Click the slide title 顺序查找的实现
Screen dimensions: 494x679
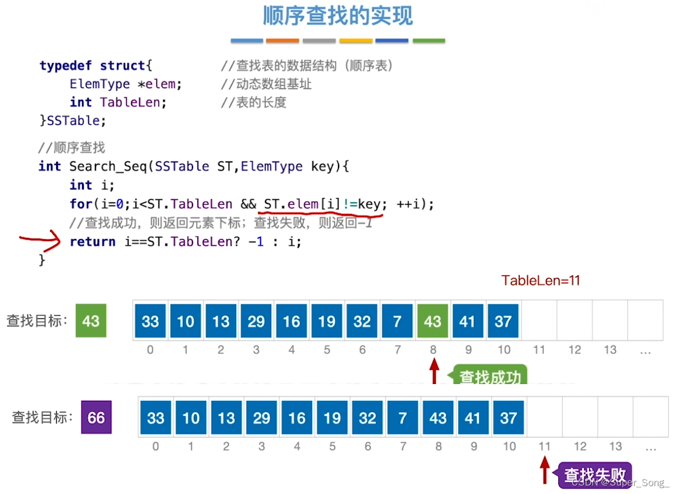pos(337,16)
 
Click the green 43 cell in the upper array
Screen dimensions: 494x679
pos(432,321)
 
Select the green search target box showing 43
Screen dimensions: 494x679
pos(91,321)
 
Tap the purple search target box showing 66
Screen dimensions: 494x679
pos(97,417)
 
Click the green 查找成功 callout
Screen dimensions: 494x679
pos(489,377)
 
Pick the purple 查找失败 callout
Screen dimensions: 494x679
pos(595,475)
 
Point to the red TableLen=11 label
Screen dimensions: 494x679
pos(540,280)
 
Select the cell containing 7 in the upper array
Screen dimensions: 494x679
pos(397,321)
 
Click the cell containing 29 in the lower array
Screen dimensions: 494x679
pos(261,417)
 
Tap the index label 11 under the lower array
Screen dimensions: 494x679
pos(544,446)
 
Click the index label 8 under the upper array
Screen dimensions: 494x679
pos(433,349)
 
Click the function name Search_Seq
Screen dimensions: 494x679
pos(109,166)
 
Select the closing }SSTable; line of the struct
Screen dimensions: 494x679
pos(72,121)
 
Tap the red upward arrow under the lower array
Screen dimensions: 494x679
pos(545,469)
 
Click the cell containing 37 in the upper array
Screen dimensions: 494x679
pos(503,321)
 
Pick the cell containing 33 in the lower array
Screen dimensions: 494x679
pos(156,417)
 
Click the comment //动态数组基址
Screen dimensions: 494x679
pos(266,84)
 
